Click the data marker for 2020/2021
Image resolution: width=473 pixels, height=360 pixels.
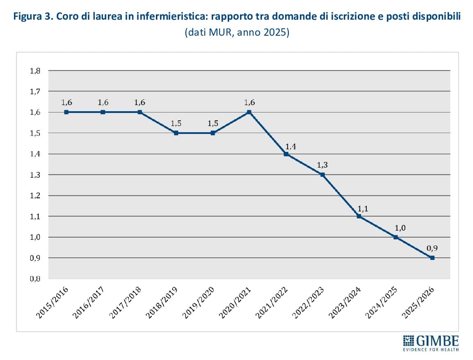[249, 112]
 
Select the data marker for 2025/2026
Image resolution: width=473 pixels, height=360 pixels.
[432, 258]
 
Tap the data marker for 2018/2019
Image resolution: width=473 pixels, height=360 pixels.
[176, 133]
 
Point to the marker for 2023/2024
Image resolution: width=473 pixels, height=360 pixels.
[359, 216]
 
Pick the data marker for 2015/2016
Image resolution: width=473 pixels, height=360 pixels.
[66, 112]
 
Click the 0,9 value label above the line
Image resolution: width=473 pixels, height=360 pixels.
[432, 248]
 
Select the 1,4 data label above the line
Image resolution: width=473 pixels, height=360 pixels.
[286, 144]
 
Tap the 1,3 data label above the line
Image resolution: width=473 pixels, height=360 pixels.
[322, 165]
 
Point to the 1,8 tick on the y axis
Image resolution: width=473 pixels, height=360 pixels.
[35, 71]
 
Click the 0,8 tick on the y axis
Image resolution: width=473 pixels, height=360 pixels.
[35, 279]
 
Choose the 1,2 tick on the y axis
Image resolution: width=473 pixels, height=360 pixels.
[35, 195]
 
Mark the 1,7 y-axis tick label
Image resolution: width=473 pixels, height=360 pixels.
[35, 91]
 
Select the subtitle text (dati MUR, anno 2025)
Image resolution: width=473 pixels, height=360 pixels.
[237, 32]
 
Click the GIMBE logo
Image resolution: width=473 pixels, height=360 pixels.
[431, 342]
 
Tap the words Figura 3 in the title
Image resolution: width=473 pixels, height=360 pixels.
[32, 17]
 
